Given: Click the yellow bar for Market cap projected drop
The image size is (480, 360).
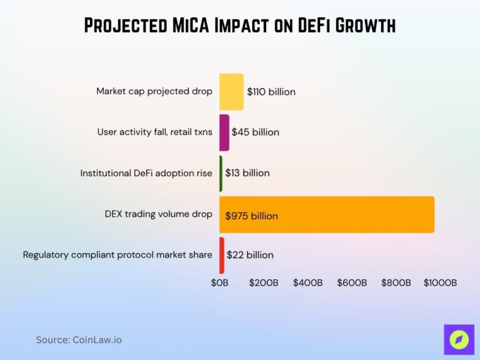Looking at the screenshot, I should pos(231,91).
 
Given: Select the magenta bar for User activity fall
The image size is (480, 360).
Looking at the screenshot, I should pos(224,132).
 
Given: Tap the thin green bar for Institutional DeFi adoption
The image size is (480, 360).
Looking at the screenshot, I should pos(221,173).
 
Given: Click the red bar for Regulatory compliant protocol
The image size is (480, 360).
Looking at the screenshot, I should pos(222,255).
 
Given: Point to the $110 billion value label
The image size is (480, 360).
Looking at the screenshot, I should pos(271,92).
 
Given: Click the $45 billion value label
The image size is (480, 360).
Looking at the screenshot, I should pos(255,132).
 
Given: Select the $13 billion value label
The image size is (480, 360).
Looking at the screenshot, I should pos(247,173).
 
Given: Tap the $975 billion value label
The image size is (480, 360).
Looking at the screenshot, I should pos(251,216).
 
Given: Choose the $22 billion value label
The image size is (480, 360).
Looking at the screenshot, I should pos(249,255).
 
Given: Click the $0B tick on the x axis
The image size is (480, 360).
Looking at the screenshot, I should pos(219,282).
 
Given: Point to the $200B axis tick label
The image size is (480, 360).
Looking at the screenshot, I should pos(263,282).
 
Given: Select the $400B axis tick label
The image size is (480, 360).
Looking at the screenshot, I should pos(307,282).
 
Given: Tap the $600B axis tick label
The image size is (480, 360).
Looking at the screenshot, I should pos(351,282).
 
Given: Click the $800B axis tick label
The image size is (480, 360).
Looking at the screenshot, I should pos(396,282).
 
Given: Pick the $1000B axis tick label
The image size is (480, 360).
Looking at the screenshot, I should pos(440,282).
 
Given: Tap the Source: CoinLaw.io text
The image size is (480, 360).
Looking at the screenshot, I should pos(79,340).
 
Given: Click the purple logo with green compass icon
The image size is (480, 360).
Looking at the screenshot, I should pos(459,339).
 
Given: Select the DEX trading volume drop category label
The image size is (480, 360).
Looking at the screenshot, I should pos(159,214).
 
